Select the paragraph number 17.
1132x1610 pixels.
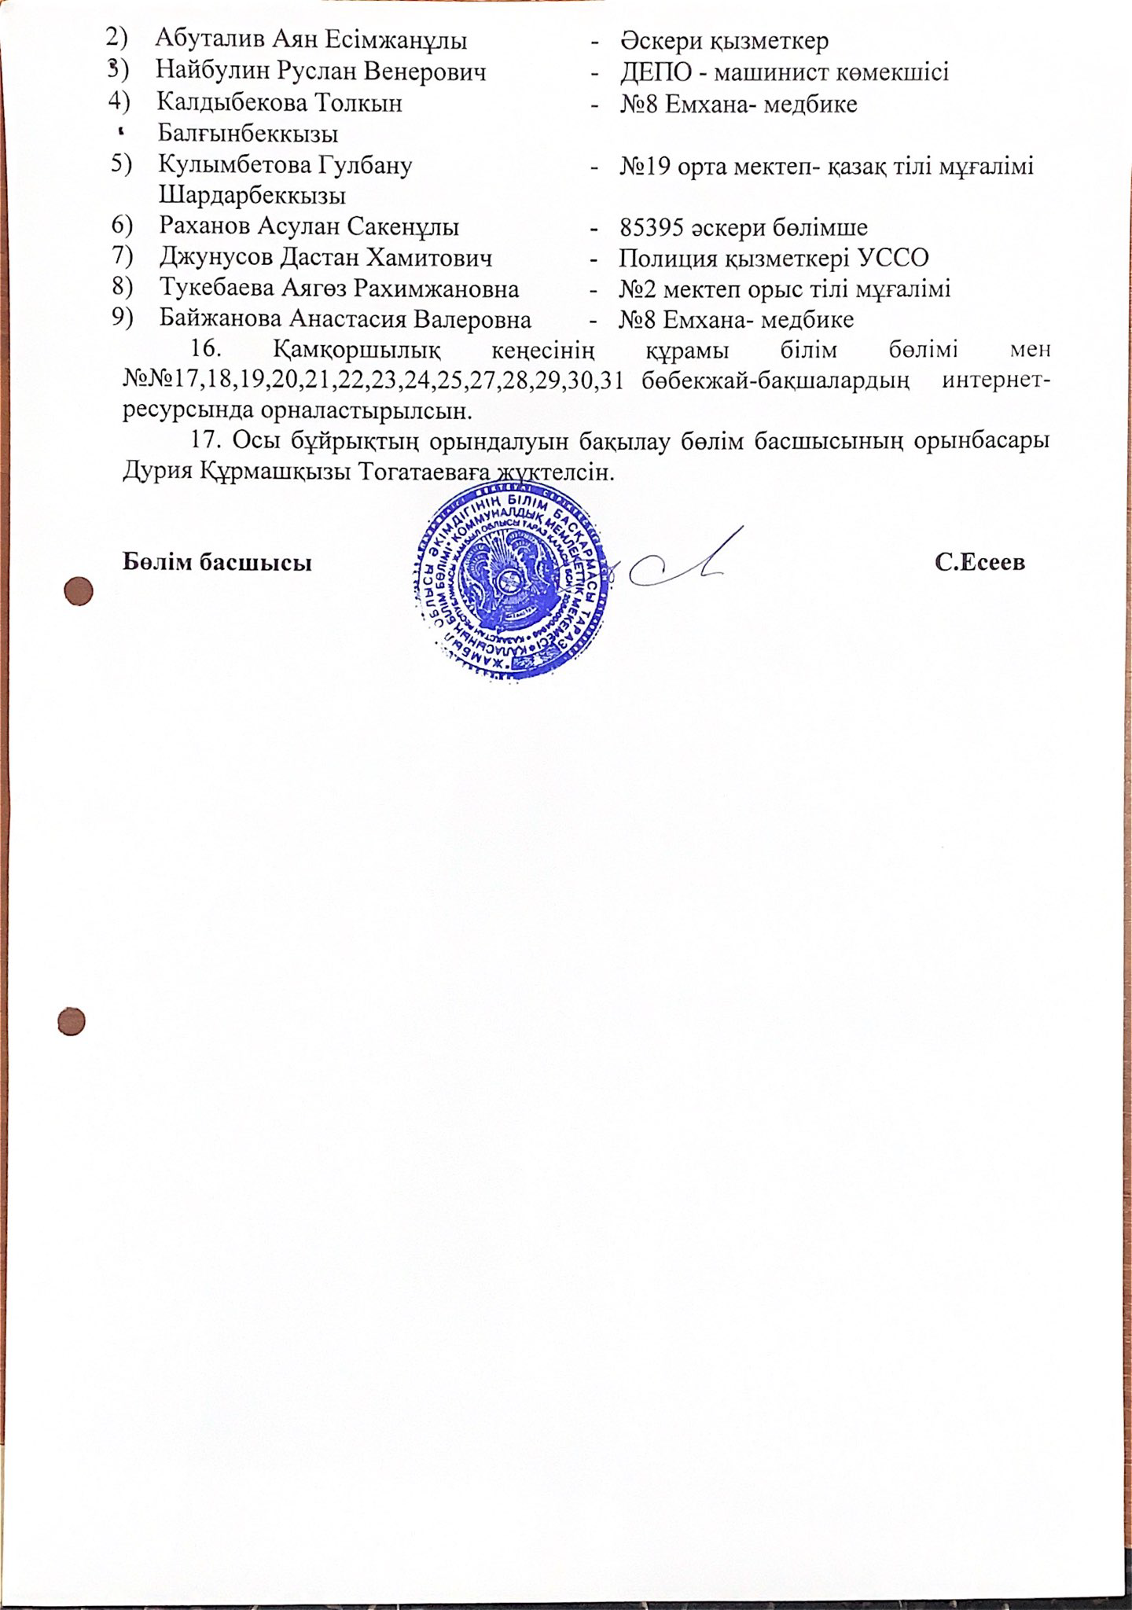(208, 441)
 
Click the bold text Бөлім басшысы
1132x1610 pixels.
(217, 563)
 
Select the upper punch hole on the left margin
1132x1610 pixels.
(78, 592)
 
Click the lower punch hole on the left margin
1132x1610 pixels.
(72, 1021)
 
